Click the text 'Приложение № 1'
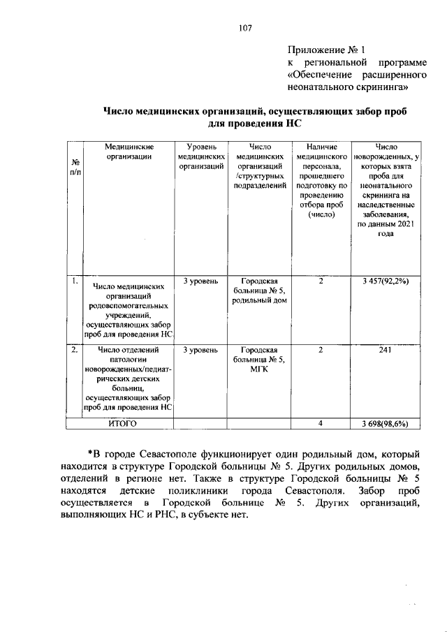click(x=327, y=50)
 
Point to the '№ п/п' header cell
click(x=73, y=168)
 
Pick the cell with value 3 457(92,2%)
click(x=385, y=281)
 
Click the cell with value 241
click(x=385, y=351)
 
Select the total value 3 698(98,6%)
click(x=385, y=424)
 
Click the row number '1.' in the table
click(x=73, y=281)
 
